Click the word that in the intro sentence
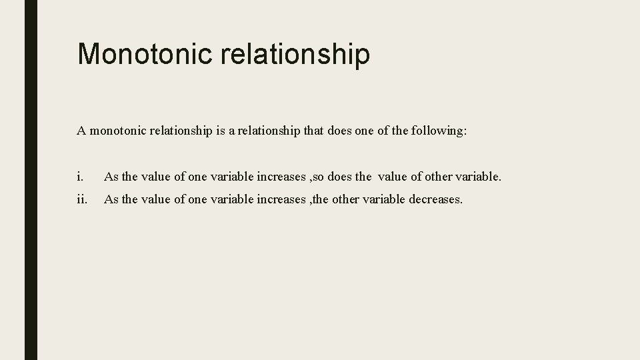(x=314, y=131)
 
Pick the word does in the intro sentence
(x=341, y=131)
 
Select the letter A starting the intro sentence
(x=81, y=131)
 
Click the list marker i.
(x=79, y=177)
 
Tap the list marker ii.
(x=81, y=199)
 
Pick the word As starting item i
(x=111, y=177)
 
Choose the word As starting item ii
(x=111, y=199)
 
